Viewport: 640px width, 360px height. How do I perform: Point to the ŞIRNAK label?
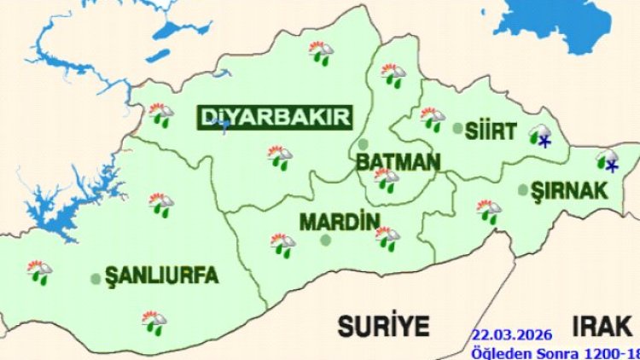[569, 189]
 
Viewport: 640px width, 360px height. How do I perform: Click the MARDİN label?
[340, 222]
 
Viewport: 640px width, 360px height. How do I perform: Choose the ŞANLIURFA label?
[161, 276]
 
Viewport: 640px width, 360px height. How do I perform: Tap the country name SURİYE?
[384, 324]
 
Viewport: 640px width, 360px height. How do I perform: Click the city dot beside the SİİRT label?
[458, 129]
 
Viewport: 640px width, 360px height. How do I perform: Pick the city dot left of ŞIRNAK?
[522, 190]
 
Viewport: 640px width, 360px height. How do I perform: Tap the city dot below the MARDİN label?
[325, 241]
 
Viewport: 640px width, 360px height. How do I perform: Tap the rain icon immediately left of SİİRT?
[433, 119]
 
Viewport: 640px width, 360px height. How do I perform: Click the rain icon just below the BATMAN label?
[386, 179]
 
